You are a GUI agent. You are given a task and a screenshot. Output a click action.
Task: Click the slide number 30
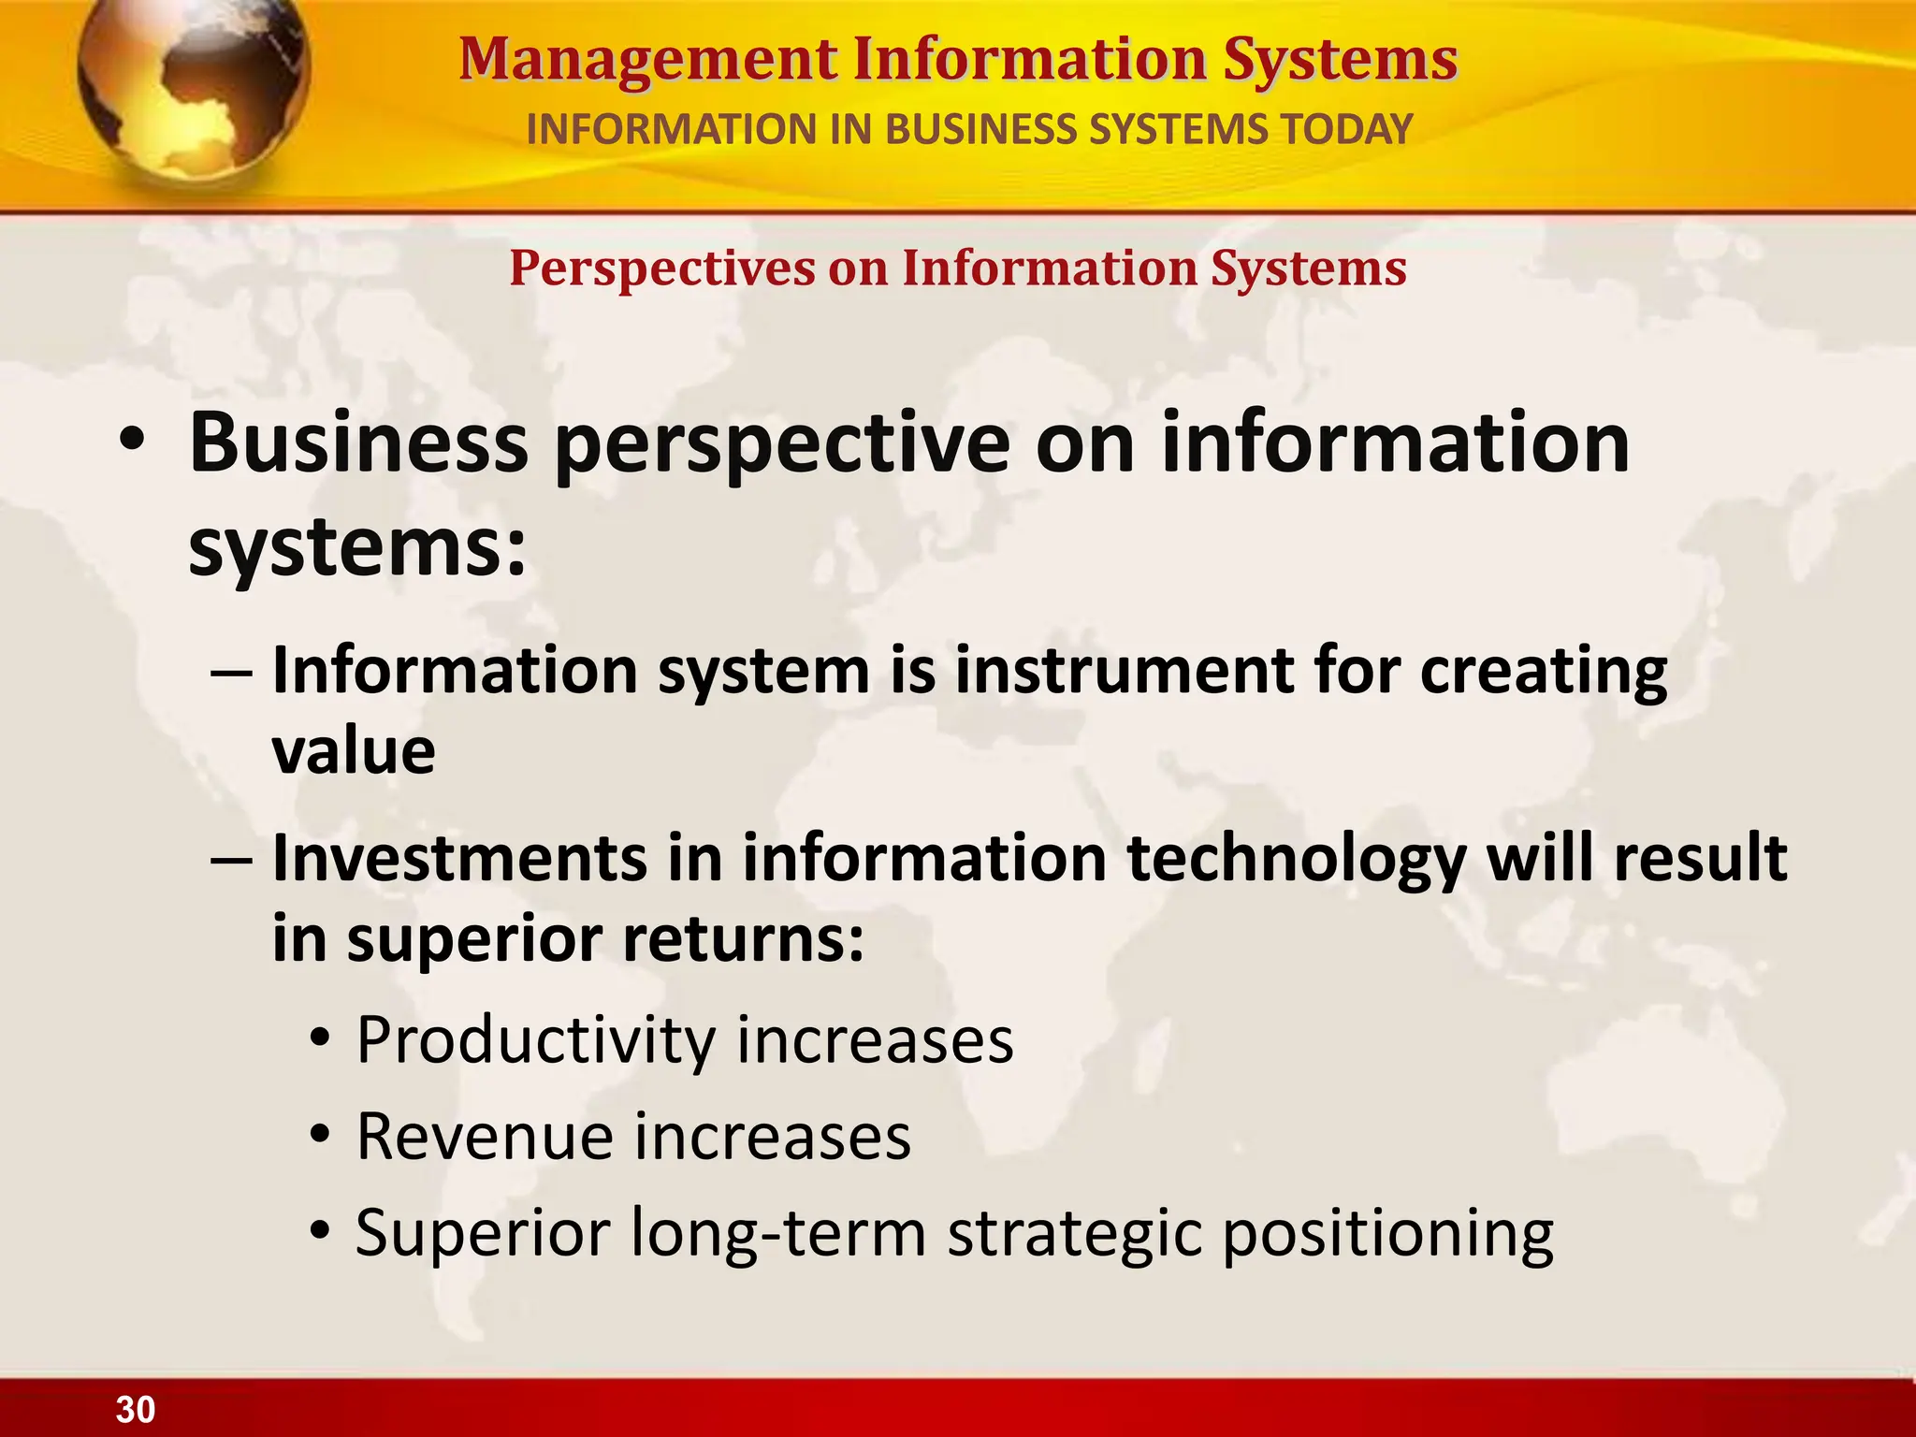tap(136, 1409)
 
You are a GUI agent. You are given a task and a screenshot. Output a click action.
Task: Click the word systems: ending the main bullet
tap(358, 547)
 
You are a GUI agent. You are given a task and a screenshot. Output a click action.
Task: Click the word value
tap(354, 751)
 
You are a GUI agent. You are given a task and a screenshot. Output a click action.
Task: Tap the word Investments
tap(458, 858)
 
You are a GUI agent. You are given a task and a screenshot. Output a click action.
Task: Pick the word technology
tap(1296, 860)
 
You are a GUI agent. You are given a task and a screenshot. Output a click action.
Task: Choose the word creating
tap(1544, 673)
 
